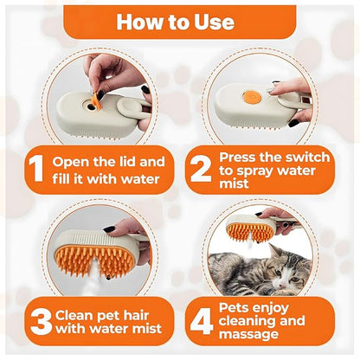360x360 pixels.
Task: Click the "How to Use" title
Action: coord(179,20)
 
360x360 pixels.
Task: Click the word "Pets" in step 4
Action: coord(234,305)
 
